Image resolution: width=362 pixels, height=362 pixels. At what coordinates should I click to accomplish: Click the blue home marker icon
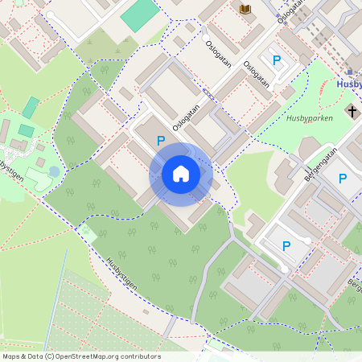pos(181,174)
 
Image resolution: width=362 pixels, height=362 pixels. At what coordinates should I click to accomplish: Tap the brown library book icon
pos(245,9)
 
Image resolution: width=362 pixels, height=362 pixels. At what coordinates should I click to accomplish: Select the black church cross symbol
pos(352,109)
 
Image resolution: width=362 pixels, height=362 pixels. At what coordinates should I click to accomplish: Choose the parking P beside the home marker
pos(161,142)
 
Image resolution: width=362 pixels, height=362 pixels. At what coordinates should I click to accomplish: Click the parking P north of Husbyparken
pos(278,60)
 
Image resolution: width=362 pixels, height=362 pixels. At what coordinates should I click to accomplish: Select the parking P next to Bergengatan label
pos(343,179)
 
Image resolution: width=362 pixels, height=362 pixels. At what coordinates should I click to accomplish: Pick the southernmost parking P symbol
pos(286,246)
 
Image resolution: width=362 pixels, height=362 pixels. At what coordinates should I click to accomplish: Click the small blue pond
pos(54,171)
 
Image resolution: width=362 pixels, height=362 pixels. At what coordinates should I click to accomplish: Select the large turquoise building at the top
pos(140,14)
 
